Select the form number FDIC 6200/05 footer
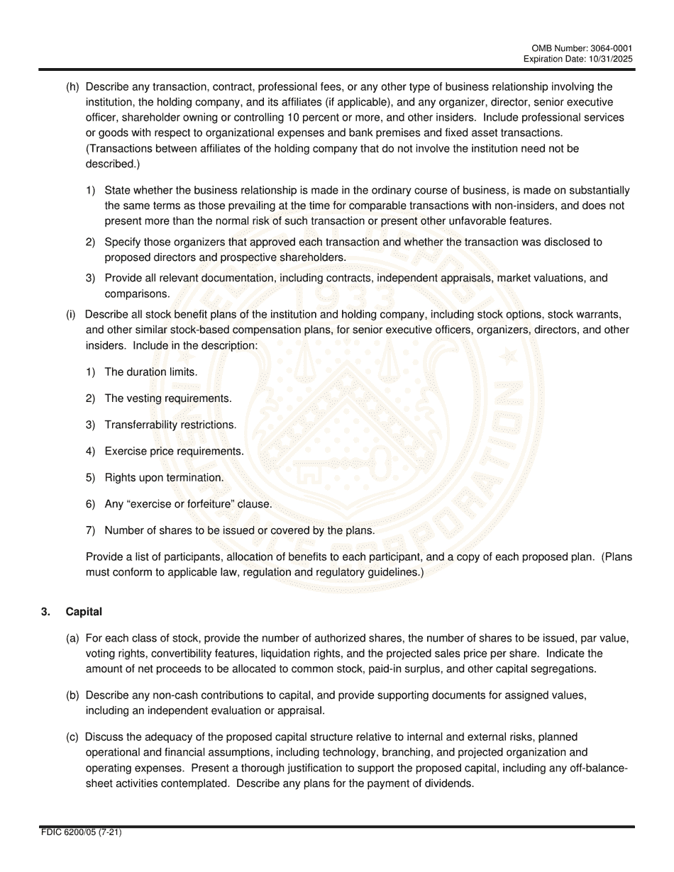pos(82,832)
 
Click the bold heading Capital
pos(84,612)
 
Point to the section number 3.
pos(45,612)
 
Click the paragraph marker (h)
pos(72,87)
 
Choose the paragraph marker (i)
pos(71,314)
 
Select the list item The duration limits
pos(150,371)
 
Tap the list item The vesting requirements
pos(167,398)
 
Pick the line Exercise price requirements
pos(174,451)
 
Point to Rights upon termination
pos(164,478)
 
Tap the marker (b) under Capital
pos(72,695)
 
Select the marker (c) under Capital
pos(72,737)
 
